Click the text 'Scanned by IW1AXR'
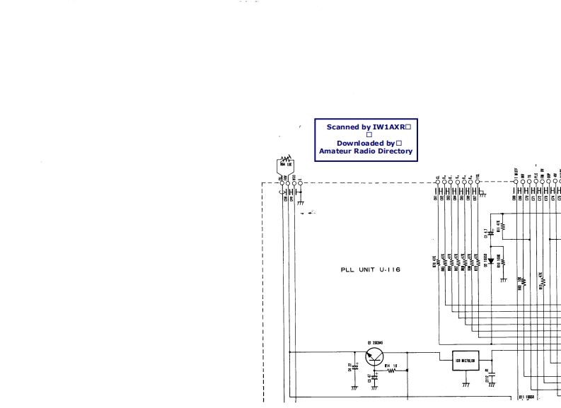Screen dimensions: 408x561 [x=365, y=127]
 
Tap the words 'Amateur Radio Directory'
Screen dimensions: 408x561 [x=365, y=151]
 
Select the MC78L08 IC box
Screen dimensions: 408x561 [x=465, y=360]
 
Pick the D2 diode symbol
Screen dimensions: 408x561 [x=490, y=261]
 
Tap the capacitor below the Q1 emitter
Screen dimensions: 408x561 [x=375, y=378]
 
